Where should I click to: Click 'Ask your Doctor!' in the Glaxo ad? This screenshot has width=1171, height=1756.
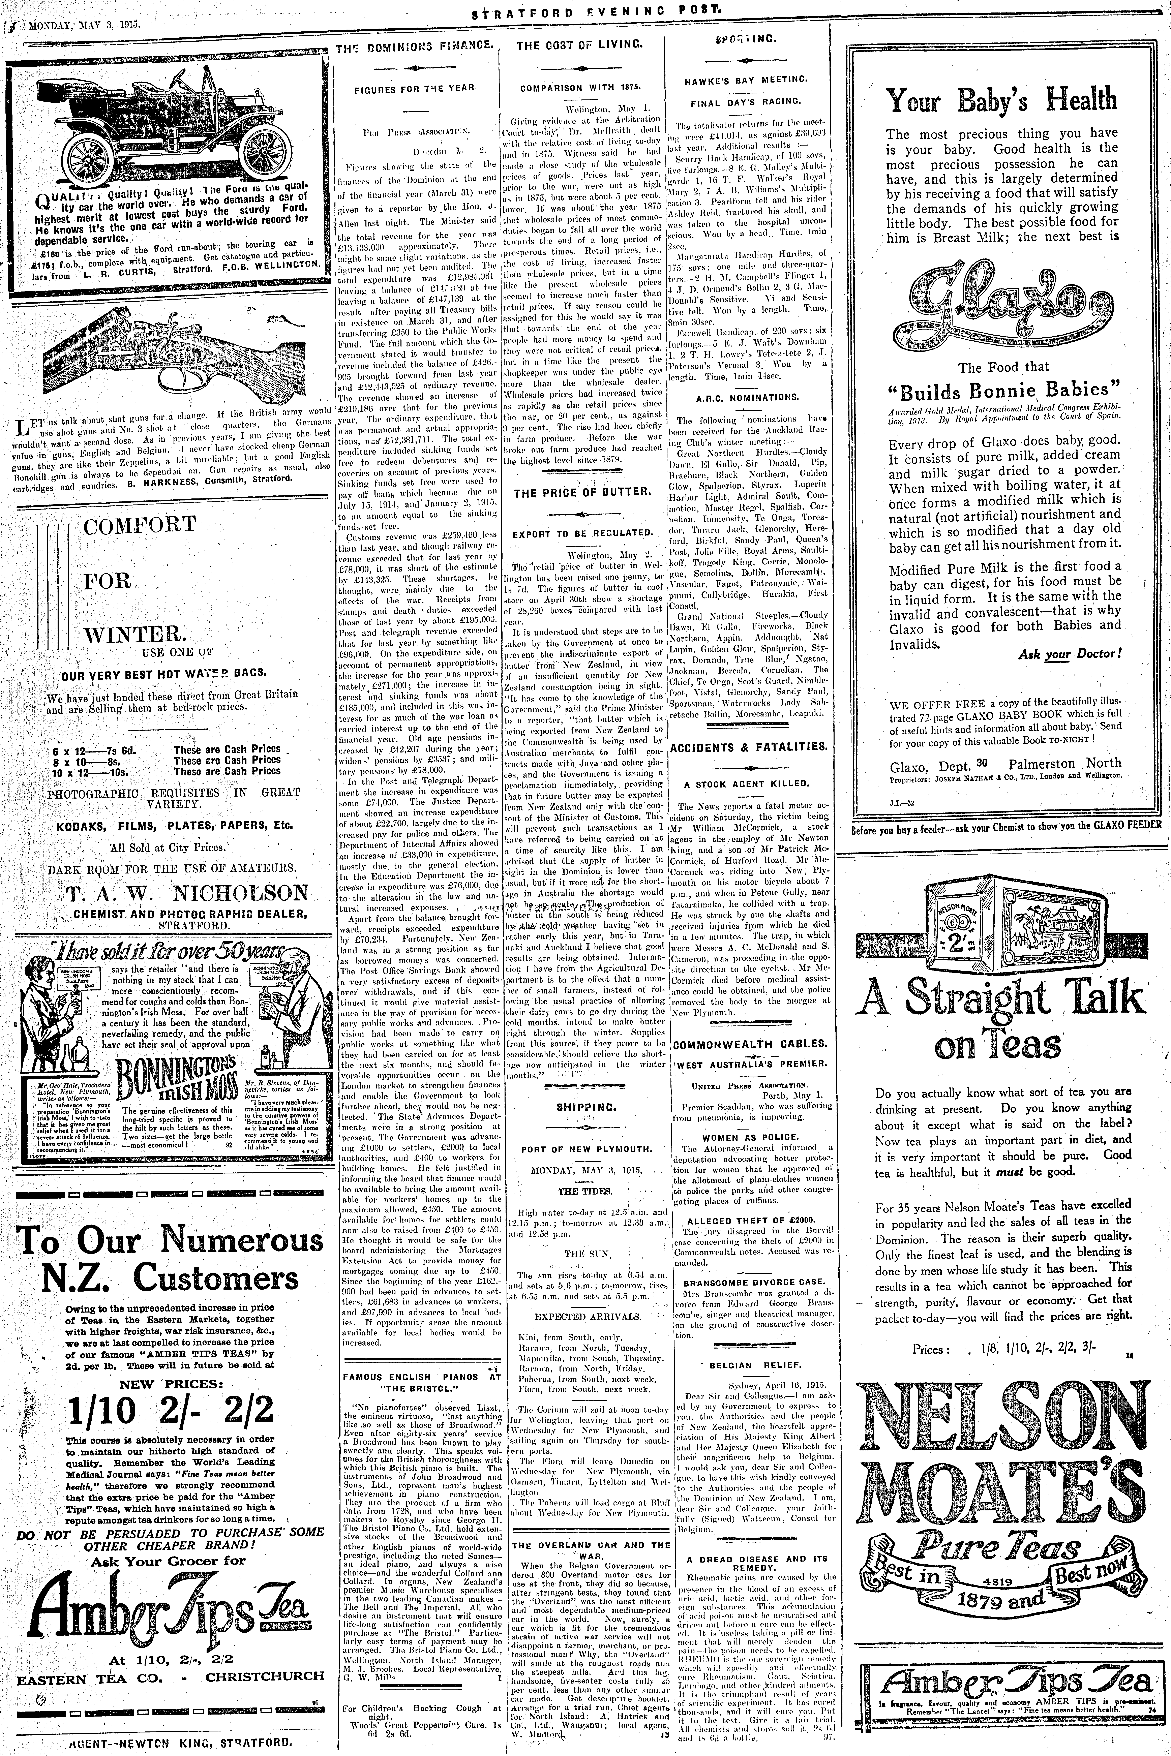point(1070,654)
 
